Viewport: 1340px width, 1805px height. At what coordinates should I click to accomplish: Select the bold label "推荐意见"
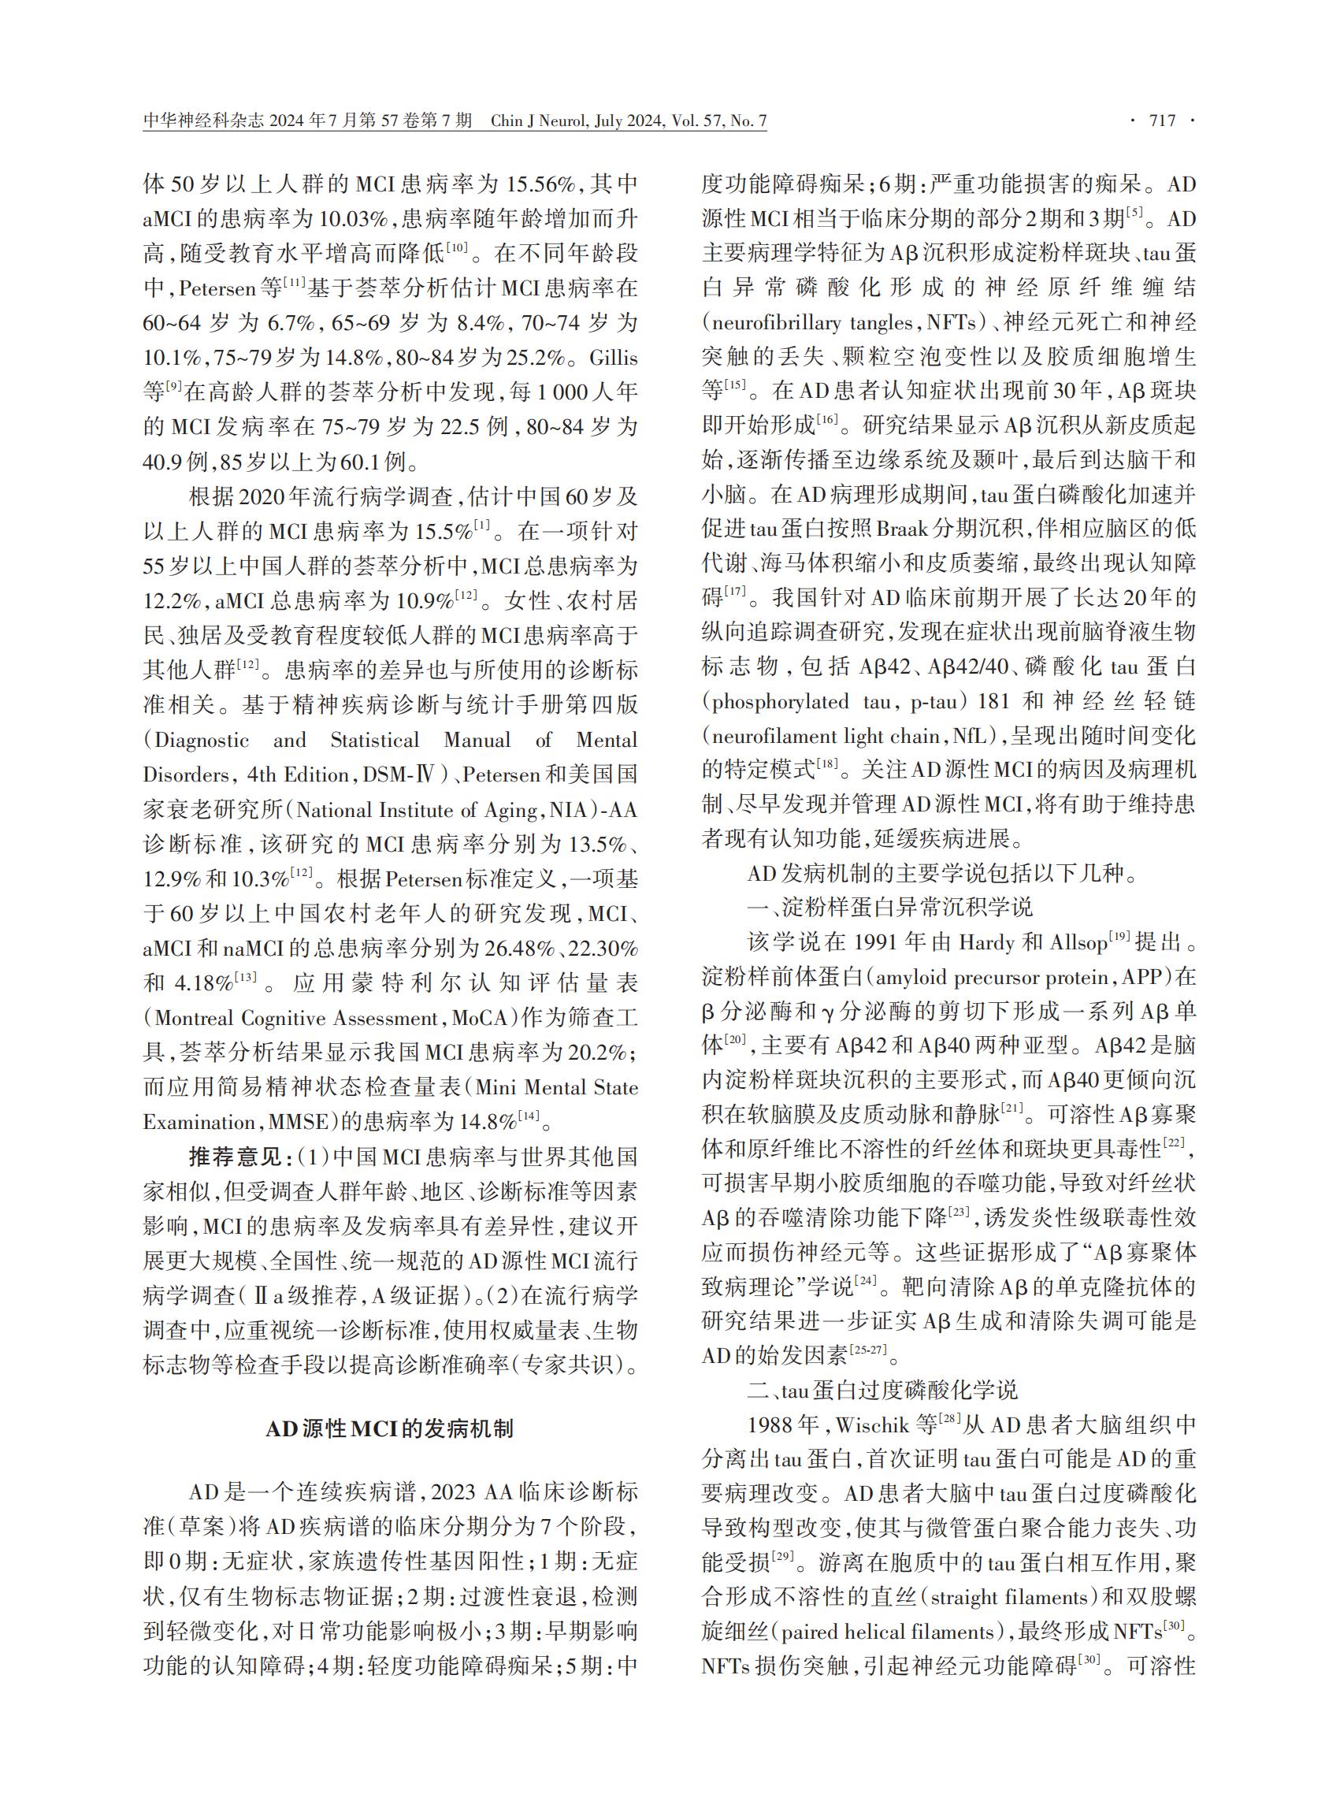pos(235,1157)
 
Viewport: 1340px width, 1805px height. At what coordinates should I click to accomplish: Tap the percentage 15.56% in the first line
pos(542,184)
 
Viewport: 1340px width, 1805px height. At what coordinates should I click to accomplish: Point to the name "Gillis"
pos(613,358)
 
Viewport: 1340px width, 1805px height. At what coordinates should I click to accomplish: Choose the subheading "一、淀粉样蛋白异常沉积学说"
pos(889,907)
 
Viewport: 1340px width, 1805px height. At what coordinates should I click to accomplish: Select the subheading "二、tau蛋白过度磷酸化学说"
pos(882,1391)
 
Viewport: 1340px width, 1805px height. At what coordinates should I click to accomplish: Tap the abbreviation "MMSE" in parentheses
pos(293,1123)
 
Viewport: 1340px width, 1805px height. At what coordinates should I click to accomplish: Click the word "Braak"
pos(902,529)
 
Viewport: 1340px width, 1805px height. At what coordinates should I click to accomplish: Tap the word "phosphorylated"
pos(781,702)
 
